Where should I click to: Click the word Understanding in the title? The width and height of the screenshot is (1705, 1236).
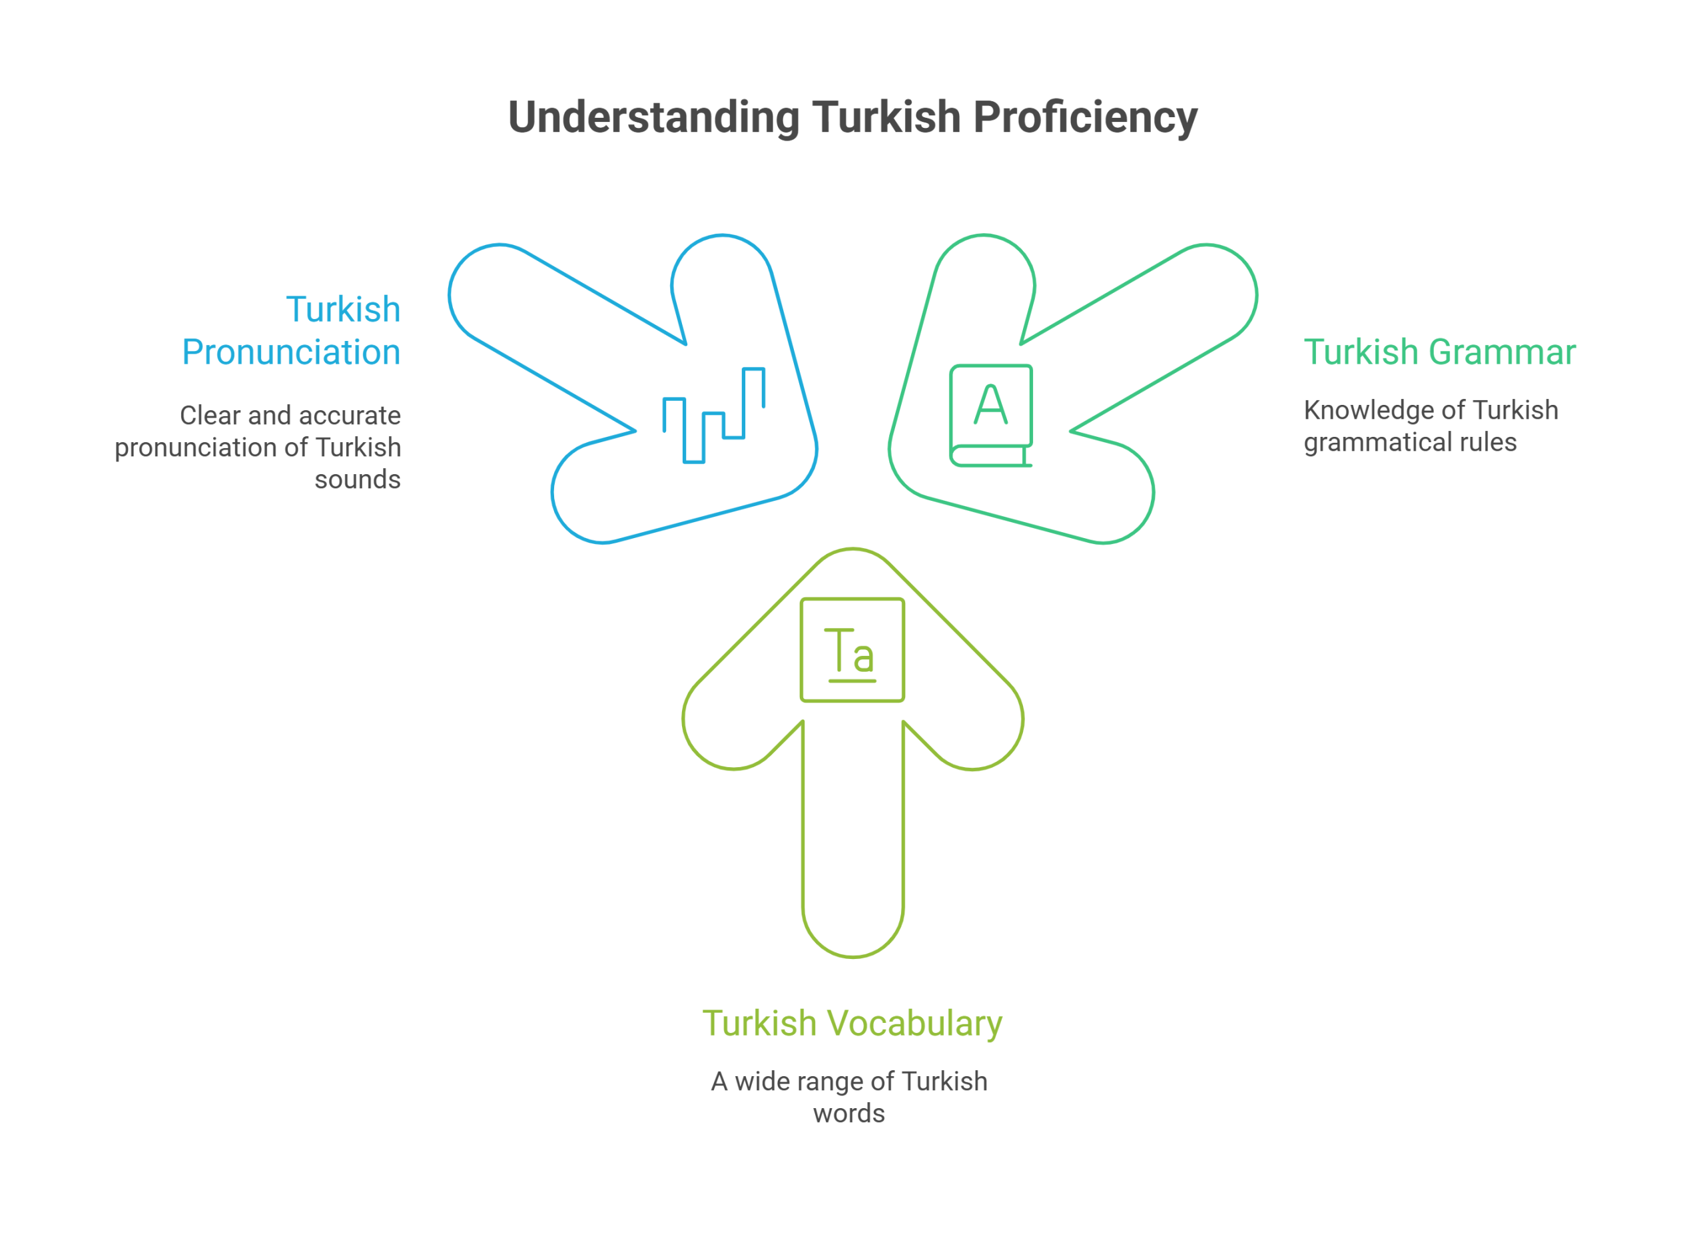654,118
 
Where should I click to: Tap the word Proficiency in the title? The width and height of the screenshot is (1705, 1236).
1086,118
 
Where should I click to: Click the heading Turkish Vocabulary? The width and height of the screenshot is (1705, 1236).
852,1024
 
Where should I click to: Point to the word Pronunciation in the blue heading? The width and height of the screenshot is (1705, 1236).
292,352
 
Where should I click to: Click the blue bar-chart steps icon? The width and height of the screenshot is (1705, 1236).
714,415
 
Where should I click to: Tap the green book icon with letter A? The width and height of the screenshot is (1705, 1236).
992,416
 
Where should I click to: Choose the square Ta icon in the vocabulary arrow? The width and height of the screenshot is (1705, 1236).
852,649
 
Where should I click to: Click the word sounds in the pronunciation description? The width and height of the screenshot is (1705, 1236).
358,479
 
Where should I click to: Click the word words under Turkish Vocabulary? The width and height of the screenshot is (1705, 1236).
849,1113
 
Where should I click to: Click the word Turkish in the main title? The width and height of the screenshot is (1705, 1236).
887,118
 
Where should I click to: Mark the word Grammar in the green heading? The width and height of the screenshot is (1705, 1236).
1502,352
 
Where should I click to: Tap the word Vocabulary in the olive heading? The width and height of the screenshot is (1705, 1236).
915,1024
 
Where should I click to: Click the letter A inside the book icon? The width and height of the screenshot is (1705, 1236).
991,404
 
